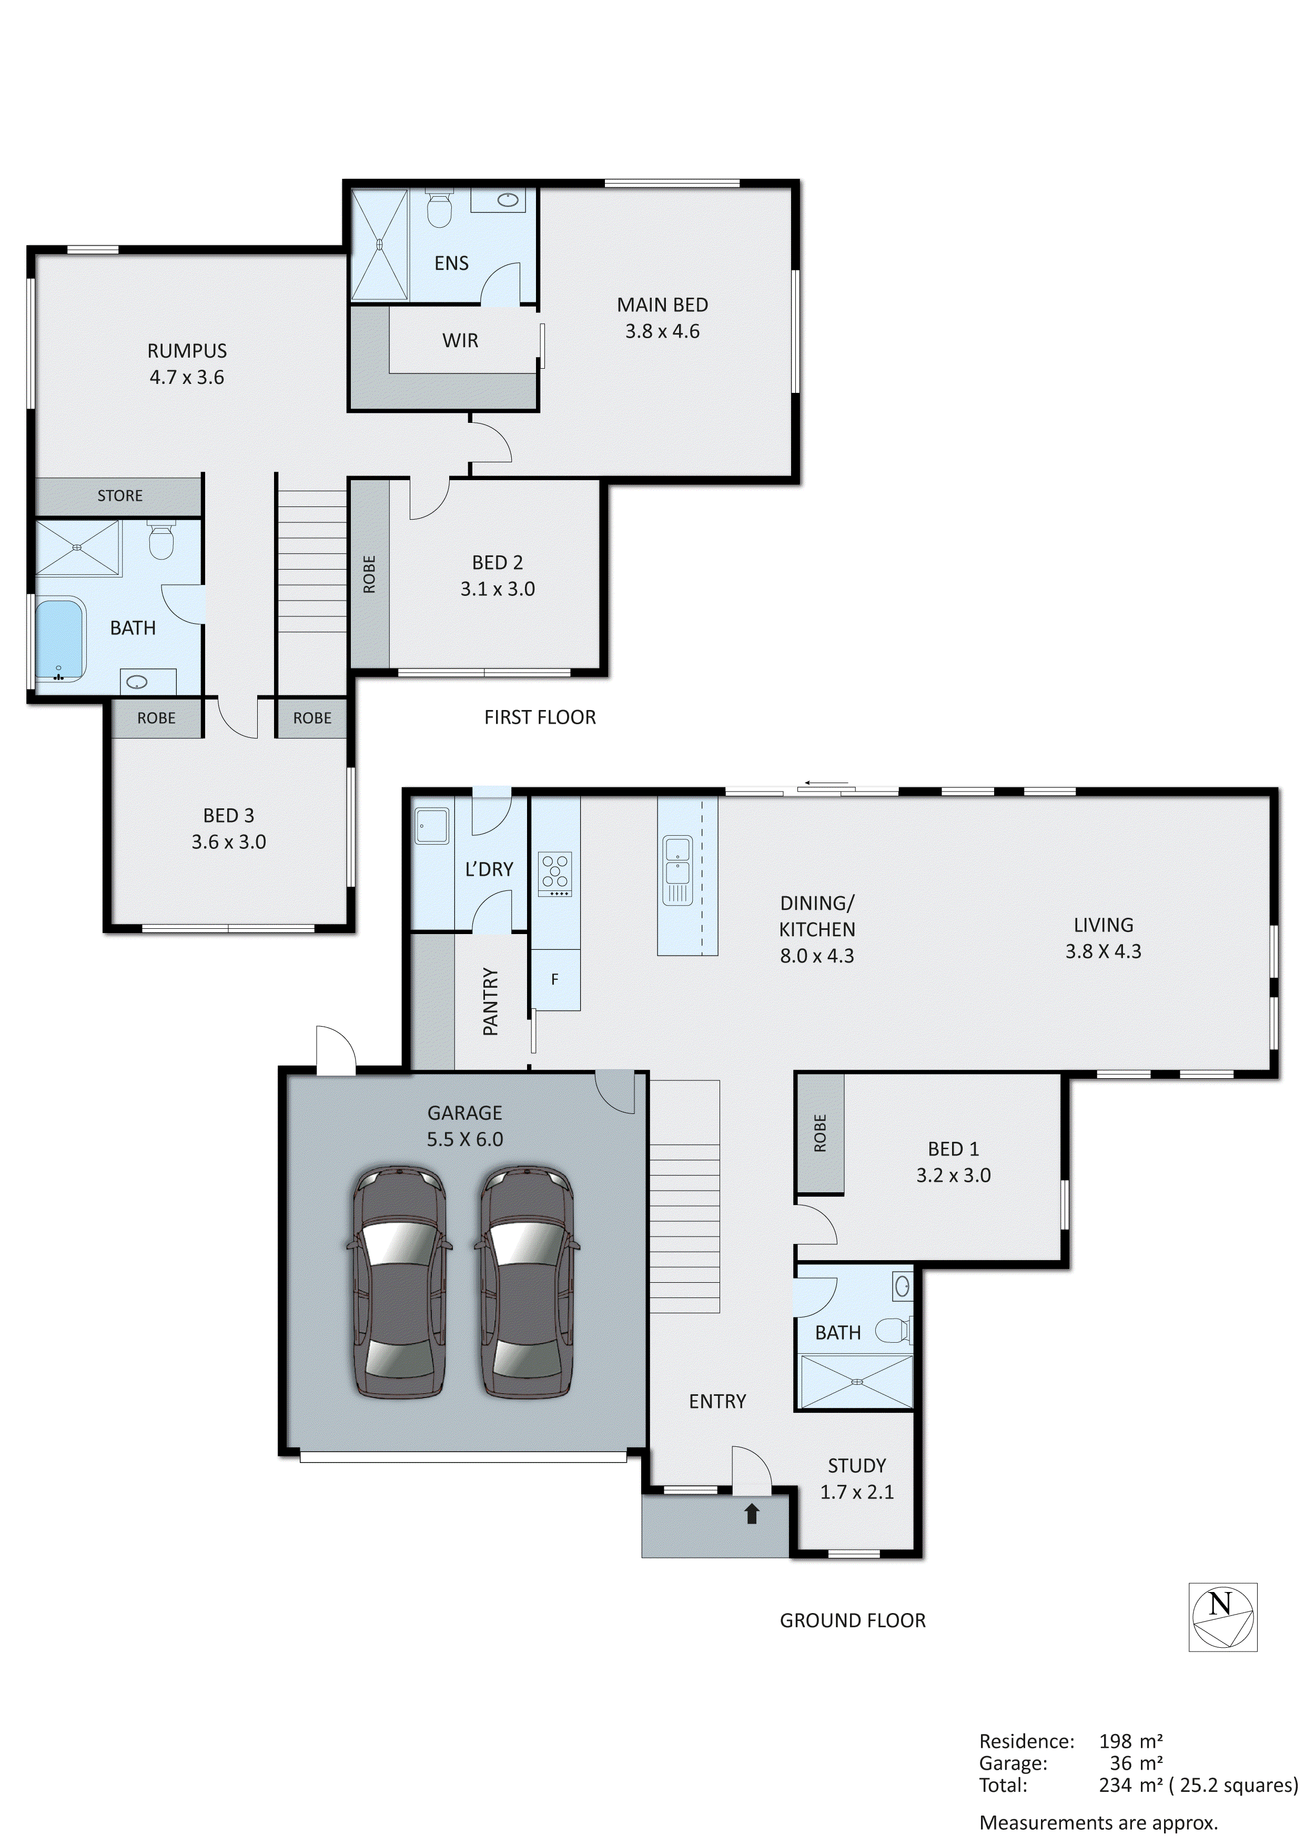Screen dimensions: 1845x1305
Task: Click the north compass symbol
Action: pyautogui.click(x=1222, y=1618)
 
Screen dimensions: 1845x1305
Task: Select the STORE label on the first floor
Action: pyautogui.click(x=120, y=496)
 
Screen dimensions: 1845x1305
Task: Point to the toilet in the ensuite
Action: pyautogui.click(x=439, y=210)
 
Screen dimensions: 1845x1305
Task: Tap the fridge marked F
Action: pyautogui.click(x=554, y=979)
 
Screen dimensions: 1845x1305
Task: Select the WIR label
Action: pyautogui.click(x=460, y=341)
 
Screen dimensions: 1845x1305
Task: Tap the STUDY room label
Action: pyautogui.click(x=857, y=1466)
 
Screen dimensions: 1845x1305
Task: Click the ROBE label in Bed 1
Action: pyautogui.click(x=820, y=1133)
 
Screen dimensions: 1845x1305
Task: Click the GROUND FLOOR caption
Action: pyautogui.click(x=853, y=1621)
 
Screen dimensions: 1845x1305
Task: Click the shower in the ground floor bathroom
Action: pyautogui.click(x=857, y=1381)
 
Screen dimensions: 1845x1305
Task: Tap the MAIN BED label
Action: pyautogui.click(x=662, y=306)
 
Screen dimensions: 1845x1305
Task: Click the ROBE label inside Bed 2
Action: pyautogui.click(x=369, y=574)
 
